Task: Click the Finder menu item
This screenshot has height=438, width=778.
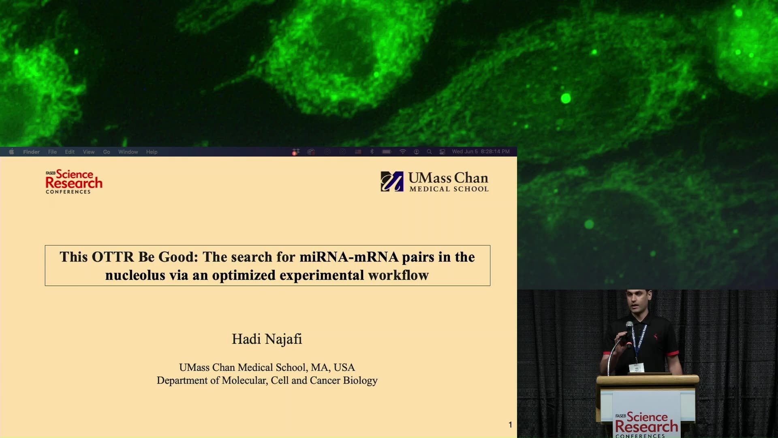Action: tap(31, 152)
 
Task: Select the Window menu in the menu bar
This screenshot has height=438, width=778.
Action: tap(128, 152)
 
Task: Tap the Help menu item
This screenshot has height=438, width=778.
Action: tap(152, 152)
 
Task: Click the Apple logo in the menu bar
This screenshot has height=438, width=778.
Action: tap(11, 152)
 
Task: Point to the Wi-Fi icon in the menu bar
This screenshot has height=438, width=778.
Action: tap(402, 152)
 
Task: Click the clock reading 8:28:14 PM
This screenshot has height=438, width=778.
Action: tap(495, 151)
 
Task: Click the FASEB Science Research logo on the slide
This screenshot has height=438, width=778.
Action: tap(74, 182)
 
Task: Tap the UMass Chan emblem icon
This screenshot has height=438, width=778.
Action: tap(392, 181)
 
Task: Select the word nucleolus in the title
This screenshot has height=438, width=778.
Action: tap(135, 275)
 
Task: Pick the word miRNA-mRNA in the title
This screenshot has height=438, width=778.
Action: tap(349, 257)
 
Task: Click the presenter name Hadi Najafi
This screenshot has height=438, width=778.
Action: tap(267, 339)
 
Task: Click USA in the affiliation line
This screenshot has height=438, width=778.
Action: tap(344, 367)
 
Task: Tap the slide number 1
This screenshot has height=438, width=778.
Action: tap(510, 425)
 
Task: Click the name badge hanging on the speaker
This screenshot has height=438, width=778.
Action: tap(636, 368)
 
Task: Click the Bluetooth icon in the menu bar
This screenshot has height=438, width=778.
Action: tap(372, 152)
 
